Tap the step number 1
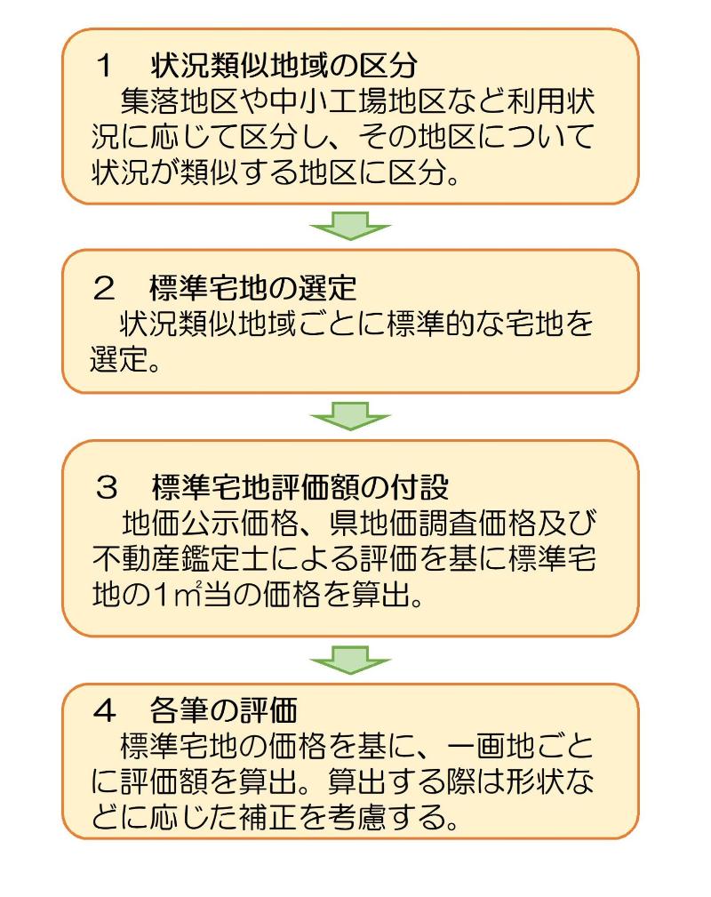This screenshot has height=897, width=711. coord(106,66)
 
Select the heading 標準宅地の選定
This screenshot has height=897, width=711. coord(254,289)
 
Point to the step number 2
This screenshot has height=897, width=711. coord(106,289)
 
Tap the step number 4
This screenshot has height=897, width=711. coord(106,710)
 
